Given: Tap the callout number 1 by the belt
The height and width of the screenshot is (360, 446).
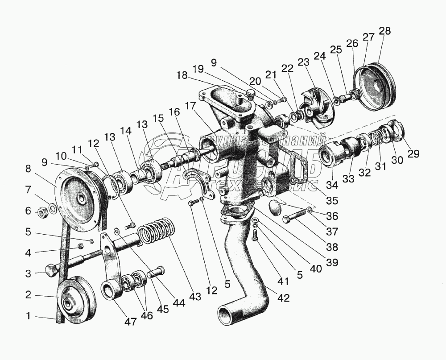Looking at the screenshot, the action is pos(29,316).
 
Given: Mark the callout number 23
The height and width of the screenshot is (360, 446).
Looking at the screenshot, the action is pos(303,62).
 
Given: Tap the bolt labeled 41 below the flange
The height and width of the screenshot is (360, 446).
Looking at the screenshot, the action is pos(255,233).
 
